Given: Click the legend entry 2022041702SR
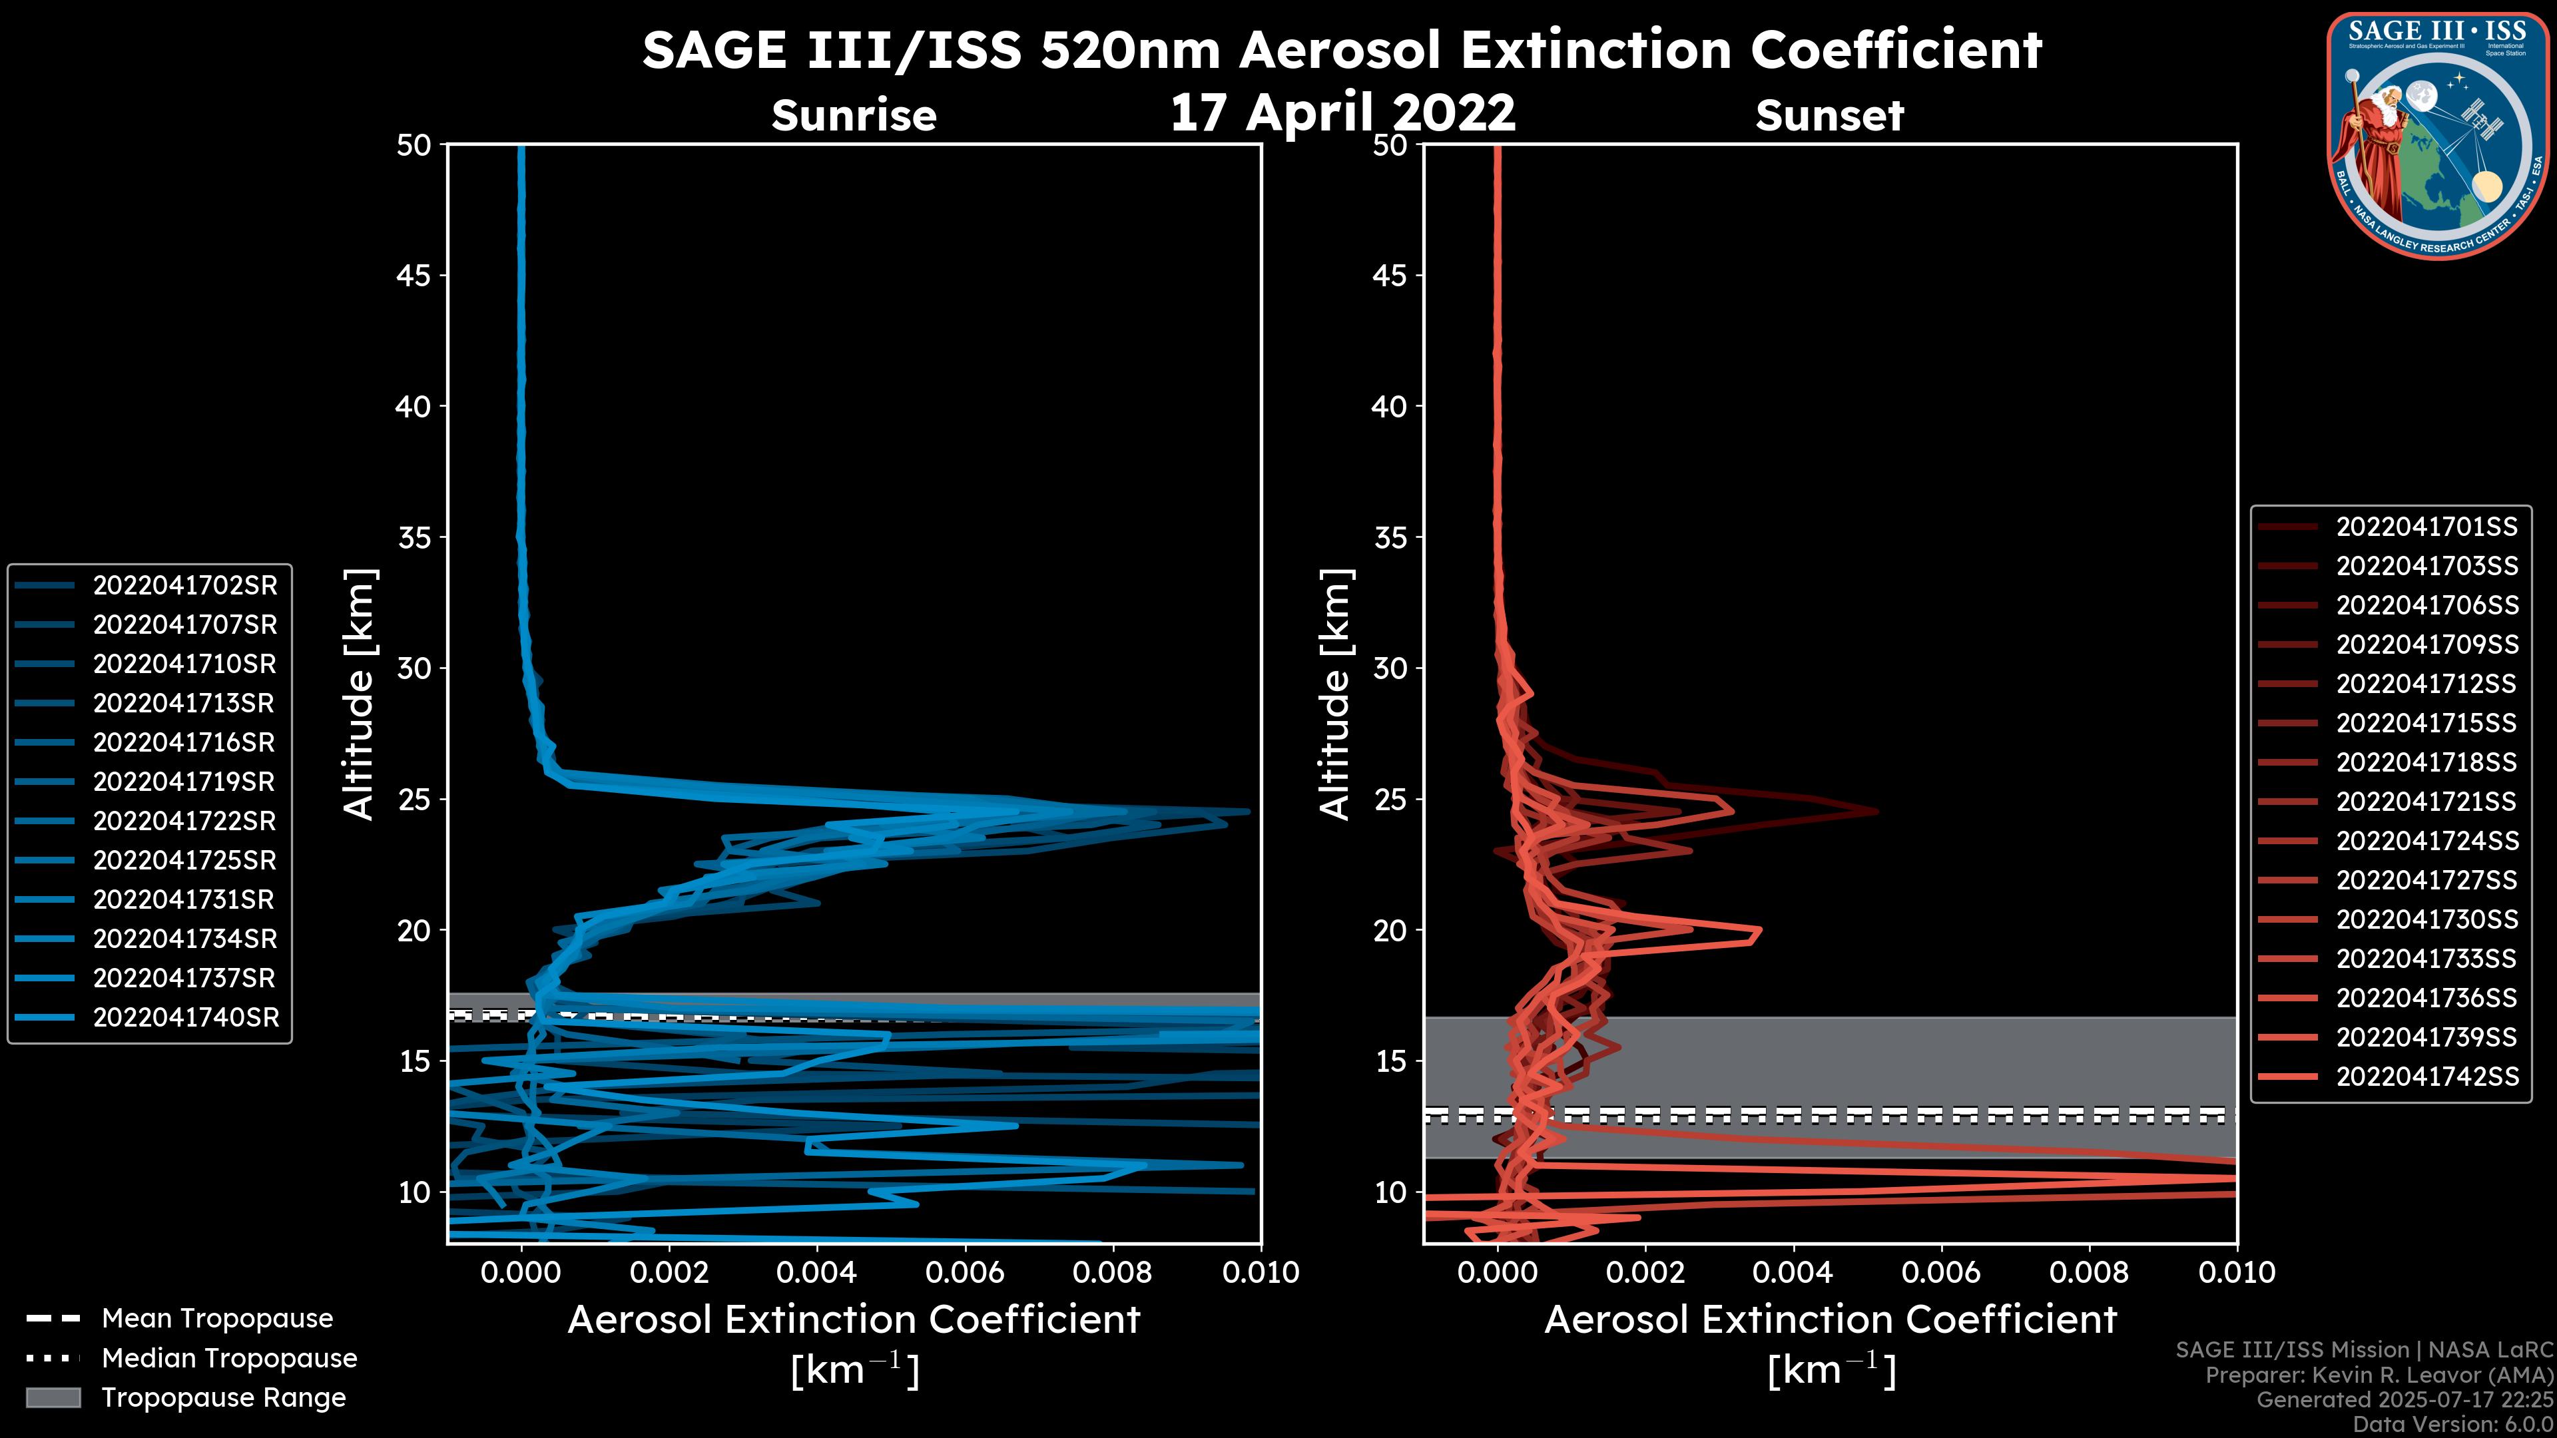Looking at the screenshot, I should tap(184, 586).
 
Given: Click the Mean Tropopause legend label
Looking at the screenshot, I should tap(217, 1318).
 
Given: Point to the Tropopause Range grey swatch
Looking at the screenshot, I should tap(53, 1397).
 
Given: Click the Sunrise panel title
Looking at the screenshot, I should tap(854, 115).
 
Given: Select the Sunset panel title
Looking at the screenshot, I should tap(1829, 115).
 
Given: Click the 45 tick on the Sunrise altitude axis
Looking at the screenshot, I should tap(414, 276).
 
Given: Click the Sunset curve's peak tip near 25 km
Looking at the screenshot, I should tap(1876, 811).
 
